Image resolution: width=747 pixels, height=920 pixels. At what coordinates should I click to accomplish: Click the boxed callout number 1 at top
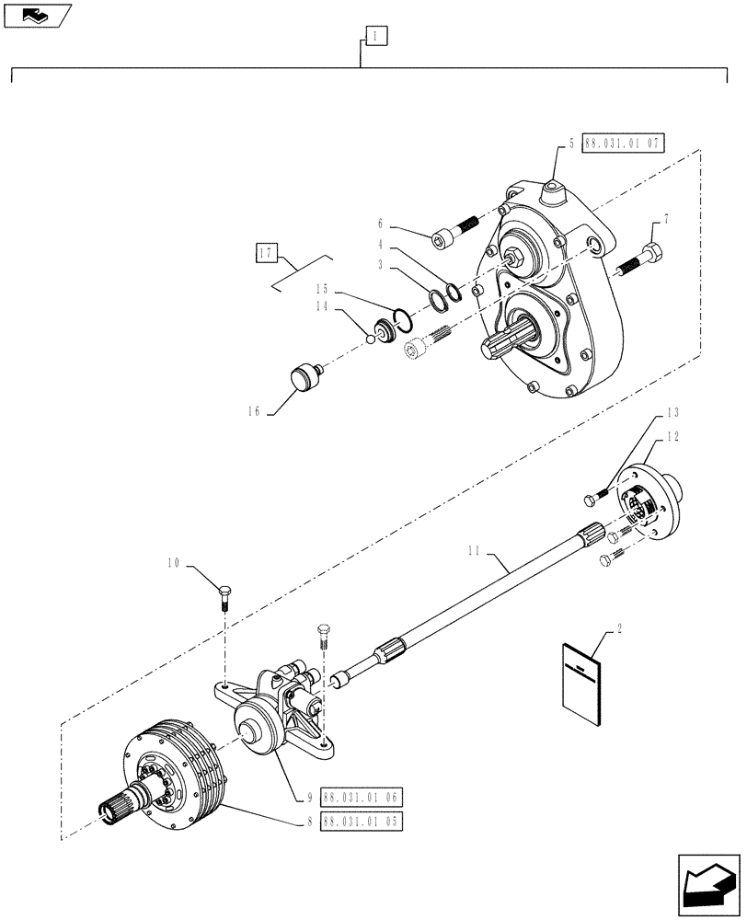click(376, 37)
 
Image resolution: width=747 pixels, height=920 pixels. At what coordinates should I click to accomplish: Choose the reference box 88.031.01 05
click(362, 821)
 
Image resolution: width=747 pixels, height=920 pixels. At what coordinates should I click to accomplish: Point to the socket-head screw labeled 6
click(453, 231)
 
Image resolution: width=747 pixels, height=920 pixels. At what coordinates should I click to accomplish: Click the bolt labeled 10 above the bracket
click(225, 596)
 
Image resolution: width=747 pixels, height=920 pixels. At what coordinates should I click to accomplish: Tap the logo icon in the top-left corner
click(34, 15)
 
